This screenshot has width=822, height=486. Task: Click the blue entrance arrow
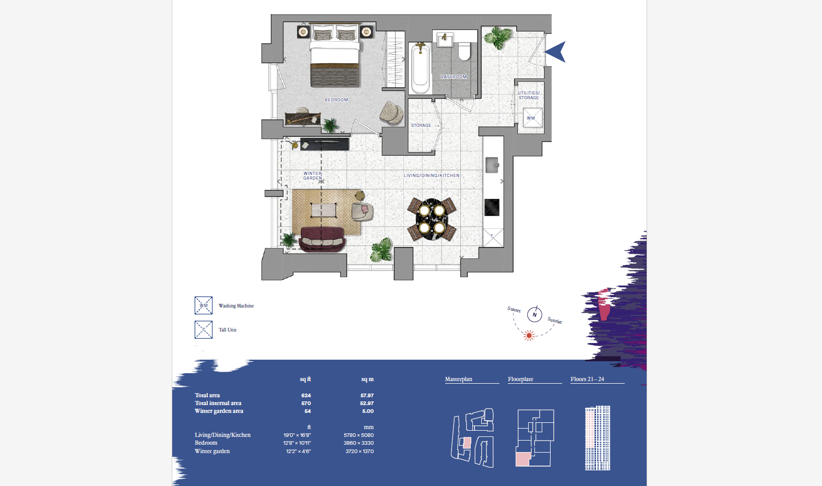point(556,52)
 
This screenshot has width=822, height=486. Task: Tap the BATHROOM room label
point(454,77)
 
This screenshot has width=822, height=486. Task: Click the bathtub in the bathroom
point(420,68)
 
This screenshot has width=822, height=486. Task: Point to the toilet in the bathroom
point(464,51)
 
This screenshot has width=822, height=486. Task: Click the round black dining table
point(432,219)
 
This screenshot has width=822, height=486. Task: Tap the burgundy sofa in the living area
point(322,240)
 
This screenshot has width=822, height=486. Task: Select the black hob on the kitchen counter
point(492,207)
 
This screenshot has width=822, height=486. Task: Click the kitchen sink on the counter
point(493,165)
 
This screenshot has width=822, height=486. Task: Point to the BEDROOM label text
point(336,100)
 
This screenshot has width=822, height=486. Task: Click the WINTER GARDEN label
point(313,176)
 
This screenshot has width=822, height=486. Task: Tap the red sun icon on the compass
point(529,336)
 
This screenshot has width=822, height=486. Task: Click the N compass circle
point(534,315)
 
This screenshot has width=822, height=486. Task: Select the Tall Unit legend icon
point(204,329)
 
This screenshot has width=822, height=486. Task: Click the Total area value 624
point(306,395)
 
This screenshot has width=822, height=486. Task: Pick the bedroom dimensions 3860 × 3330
point(359,443)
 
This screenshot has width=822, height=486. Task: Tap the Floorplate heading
point(520,379)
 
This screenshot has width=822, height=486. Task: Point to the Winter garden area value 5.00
point(368,411)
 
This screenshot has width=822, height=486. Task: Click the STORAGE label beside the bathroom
point(421,125)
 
